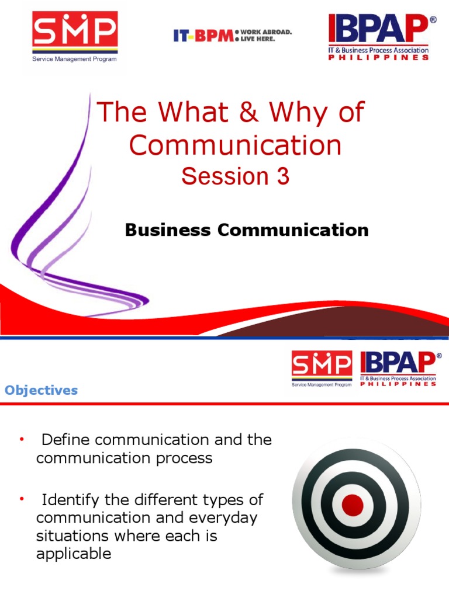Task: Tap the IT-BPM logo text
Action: tap(202, 36)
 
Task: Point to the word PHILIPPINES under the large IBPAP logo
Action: tap(378, 58)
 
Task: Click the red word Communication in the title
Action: tap(235, 145)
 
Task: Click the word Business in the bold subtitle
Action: tap(168, 230)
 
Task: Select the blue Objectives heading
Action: tap(41, 390)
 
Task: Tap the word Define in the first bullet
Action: tap(65, 440)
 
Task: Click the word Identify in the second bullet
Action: tap(72, 500)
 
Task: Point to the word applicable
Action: tap(74, 554)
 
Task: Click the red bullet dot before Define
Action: tap(22, 439)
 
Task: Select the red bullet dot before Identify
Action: tap(22, 499)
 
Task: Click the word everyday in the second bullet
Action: tap(226, 518)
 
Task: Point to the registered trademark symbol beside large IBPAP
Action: tap(433, 19)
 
